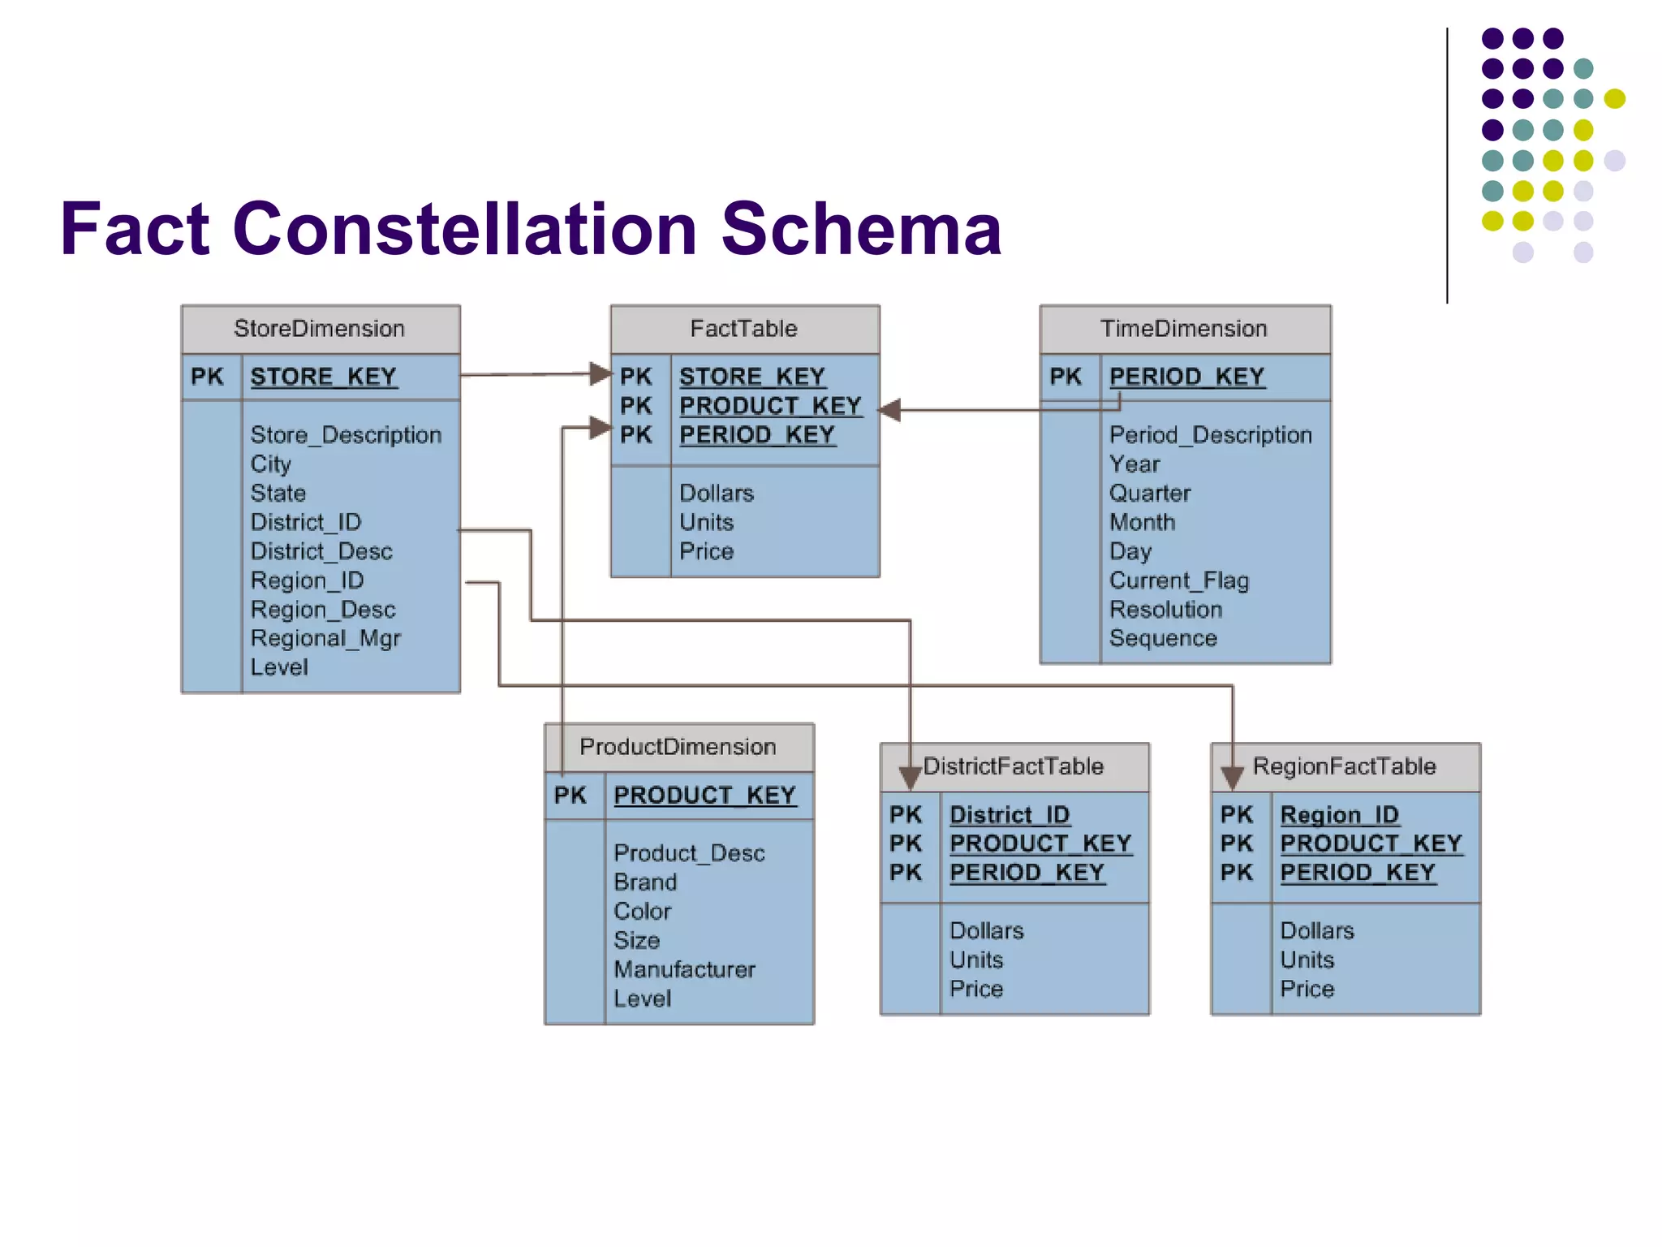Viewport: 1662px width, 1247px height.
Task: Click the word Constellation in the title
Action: tap(464, 229)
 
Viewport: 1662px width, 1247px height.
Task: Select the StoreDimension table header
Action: tap(319, 329)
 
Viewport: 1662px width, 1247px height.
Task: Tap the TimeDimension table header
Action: tap(1183, 329)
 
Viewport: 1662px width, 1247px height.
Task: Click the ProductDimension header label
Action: tap(678, 747)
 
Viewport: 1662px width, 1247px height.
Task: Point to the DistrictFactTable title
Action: tap(1013, 766)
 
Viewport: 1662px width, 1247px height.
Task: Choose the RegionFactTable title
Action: tap(1344, 766)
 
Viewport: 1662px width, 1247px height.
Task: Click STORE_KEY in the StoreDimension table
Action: tap(323, 377)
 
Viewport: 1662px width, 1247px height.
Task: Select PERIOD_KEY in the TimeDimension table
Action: tap(1186, 377)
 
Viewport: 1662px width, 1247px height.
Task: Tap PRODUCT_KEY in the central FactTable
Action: tap(769, 406)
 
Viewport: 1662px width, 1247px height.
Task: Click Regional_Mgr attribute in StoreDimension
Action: tap(325, 639)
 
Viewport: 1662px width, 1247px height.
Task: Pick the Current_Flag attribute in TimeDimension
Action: tap(1178, 581)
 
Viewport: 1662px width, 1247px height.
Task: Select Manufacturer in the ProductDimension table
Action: tap(684, 969)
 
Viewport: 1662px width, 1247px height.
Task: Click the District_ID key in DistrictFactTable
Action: tap(1009, 814)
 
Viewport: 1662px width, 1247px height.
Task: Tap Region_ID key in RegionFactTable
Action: tap(1339, 814)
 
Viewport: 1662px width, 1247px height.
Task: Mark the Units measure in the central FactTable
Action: tap(706, 522)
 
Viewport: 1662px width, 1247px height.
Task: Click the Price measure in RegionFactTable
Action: tap(1307, 989)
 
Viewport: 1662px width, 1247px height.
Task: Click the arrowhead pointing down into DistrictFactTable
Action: tap(910, 778)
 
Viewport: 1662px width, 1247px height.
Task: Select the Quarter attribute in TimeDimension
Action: tap(1149, 494)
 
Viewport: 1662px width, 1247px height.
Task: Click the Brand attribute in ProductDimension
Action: tap(644, 882)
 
